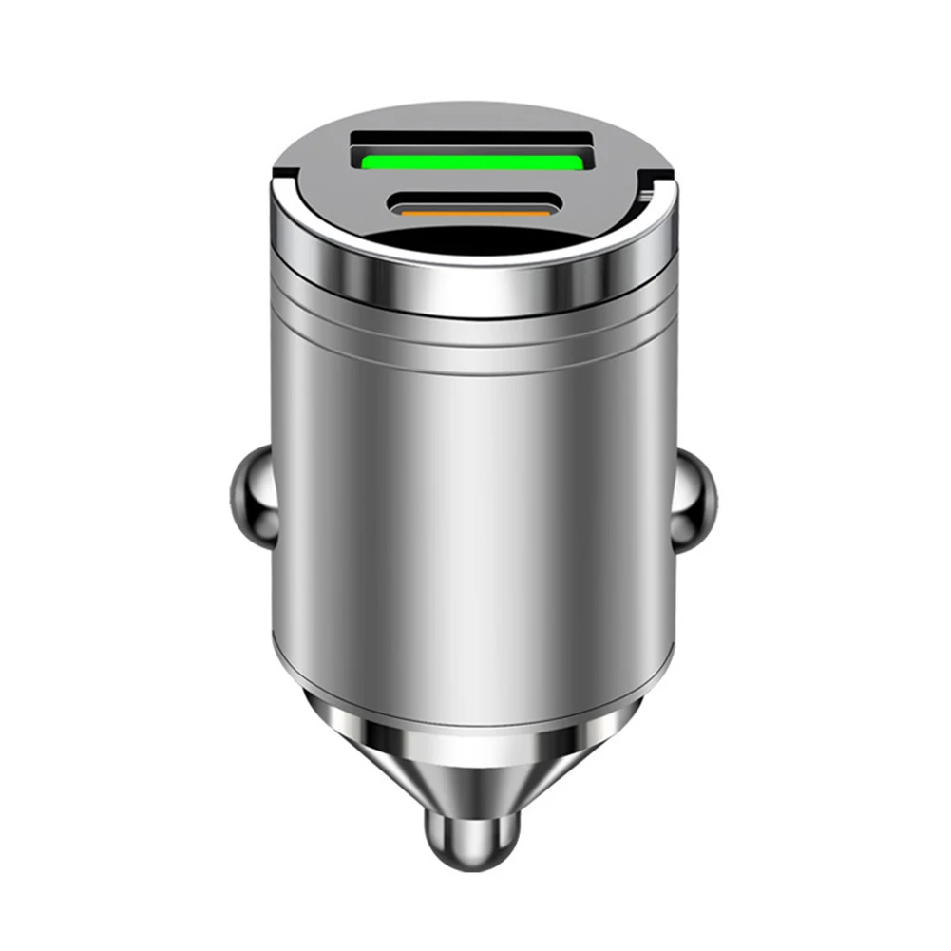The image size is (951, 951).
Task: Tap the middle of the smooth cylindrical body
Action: click(472, 513)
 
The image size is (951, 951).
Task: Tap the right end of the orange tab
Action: click(546, 215)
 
